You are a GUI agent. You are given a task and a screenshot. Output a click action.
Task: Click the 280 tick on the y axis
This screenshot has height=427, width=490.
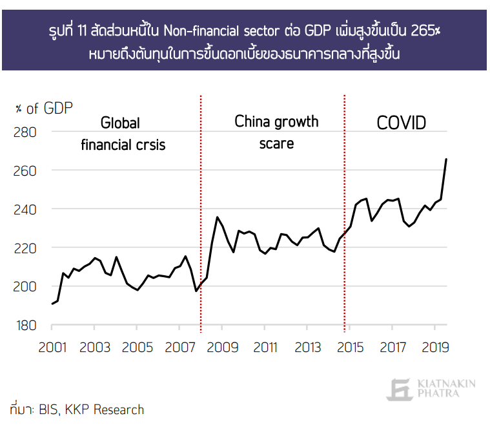26,132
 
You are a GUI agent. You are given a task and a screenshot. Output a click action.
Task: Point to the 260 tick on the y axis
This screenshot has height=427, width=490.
26,171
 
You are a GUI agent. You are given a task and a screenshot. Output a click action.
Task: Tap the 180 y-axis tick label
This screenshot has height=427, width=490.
26,325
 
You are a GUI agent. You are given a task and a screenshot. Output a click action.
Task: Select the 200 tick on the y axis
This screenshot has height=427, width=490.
26,286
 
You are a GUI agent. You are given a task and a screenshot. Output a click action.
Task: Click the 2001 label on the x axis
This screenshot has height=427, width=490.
52,348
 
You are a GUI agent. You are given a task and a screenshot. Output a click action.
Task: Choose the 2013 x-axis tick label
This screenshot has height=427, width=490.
307,348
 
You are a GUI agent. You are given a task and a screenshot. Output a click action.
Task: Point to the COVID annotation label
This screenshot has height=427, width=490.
402,123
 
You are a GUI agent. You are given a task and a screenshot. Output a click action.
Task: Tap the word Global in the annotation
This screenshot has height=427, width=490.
120,123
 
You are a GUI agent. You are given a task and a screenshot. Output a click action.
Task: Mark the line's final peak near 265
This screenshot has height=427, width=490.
446,159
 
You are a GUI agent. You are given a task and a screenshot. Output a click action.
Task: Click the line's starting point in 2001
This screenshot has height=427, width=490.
52,304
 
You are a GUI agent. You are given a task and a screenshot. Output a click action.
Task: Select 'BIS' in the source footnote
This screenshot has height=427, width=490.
49,410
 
